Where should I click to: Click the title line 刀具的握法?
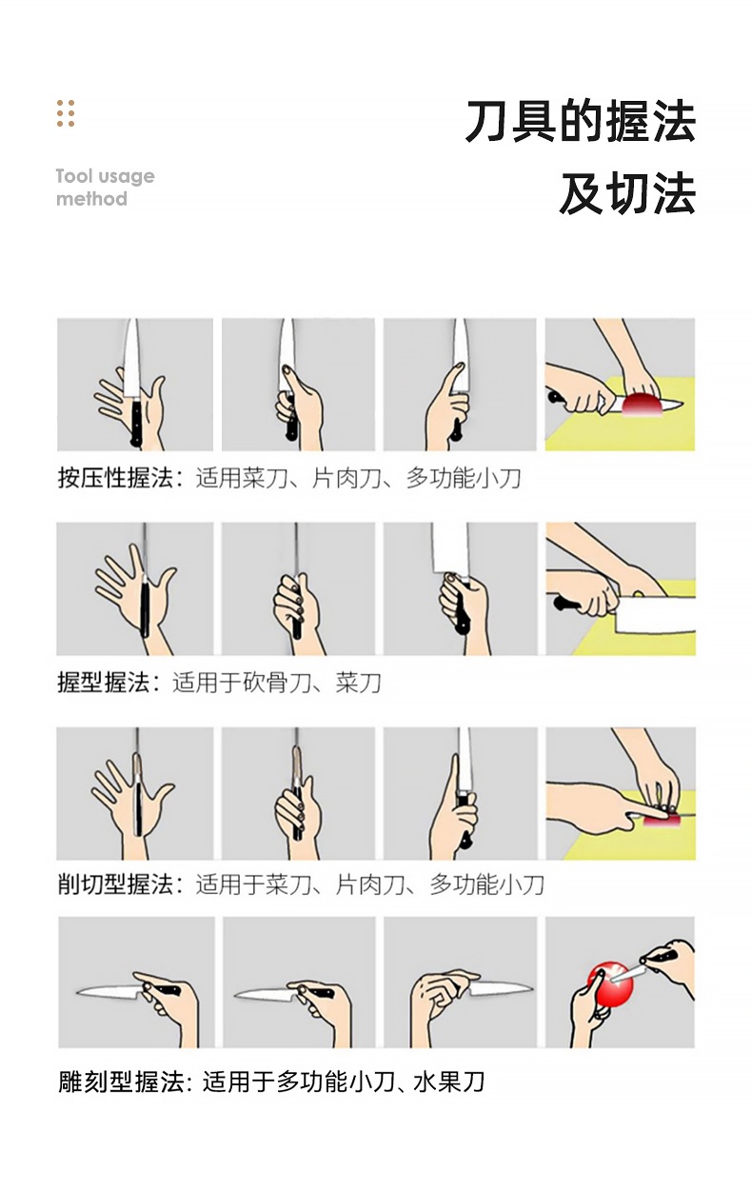point(581,121)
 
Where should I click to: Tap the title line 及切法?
point(627,193)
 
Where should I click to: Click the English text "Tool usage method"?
point(106,188)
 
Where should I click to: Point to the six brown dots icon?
point(66,113)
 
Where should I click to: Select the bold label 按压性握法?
point(115,478)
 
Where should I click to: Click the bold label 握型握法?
point(104,683)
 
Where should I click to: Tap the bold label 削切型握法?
point(115,884)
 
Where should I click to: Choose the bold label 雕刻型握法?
point(121,1082)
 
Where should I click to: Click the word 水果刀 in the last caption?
point(449,1082)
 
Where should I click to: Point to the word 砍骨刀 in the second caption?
point(277,683)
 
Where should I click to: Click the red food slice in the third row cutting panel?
point(662,821)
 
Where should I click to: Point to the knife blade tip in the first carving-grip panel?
point(77,990)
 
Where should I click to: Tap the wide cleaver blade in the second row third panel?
point(449,547)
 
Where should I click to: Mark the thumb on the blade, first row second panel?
point(294,379)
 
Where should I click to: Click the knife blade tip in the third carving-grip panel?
point(531,988)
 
